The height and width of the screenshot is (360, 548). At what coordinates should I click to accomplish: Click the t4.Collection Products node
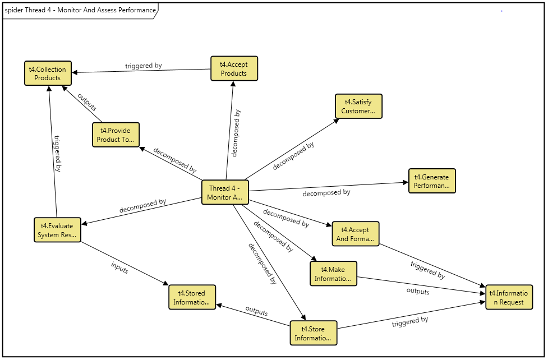48,73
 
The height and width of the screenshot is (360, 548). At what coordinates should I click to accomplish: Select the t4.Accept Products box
234,68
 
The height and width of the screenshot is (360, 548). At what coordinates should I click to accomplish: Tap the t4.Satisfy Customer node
358,106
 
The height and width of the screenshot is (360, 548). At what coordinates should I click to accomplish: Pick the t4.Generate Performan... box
432,181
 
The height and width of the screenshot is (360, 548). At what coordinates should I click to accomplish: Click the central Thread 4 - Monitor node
225,192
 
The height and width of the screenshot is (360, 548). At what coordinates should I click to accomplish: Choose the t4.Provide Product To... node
116,135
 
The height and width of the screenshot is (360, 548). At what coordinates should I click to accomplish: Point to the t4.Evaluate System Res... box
57,230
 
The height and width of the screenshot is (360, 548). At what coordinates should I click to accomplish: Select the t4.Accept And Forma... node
356,234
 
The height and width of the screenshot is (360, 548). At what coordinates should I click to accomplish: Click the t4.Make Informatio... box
333,274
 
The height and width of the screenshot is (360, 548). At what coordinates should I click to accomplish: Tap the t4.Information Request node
509,297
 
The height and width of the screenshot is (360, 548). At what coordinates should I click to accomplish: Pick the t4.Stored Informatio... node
192,297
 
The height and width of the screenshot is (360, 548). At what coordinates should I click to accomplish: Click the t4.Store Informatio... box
314,333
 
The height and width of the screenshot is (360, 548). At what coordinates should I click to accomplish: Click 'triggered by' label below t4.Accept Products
143,66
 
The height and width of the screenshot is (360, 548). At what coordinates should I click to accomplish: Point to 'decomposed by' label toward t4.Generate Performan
326,193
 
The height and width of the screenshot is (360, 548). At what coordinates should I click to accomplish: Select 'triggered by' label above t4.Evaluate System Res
57,153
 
